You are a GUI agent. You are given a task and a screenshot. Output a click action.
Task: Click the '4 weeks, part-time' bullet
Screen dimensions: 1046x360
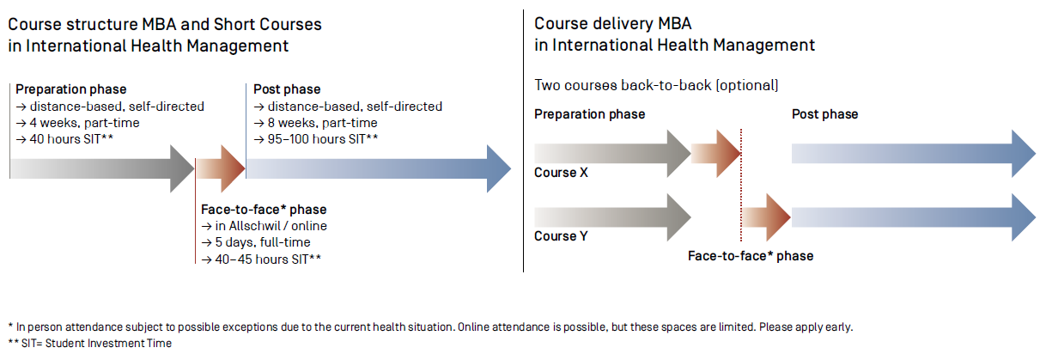click(77, 123)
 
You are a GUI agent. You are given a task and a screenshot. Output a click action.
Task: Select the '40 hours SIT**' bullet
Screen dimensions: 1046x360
click(64, 139)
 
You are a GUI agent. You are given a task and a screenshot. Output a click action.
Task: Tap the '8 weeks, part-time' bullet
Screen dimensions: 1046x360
click(315, 123)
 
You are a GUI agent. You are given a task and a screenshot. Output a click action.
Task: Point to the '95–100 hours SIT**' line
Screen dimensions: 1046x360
click(316, 139)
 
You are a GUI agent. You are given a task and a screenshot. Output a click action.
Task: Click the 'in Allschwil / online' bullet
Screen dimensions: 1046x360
click(264, 226)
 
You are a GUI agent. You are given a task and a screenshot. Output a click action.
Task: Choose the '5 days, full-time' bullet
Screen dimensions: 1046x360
click(255, 242)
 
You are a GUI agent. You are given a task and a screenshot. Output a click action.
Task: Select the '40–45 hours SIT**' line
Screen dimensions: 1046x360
click(261, 259)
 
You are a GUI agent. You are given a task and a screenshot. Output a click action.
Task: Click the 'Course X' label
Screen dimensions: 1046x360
click(561, 173)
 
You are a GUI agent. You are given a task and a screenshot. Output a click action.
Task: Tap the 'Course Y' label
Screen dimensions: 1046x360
click(561, 236)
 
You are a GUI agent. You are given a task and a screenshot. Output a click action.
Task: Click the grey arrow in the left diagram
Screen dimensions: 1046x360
click(102, 168)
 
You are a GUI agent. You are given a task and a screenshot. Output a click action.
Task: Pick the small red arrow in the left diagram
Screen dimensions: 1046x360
click(221, 168)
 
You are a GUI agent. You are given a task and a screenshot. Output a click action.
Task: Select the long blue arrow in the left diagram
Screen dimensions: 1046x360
click(379, 168)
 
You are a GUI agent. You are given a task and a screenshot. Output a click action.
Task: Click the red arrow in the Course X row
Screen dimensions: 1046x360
click(716, 153)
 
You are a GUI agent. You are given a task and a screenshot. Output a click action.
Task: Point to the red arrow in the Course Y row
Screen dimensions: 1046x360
click(766, 217)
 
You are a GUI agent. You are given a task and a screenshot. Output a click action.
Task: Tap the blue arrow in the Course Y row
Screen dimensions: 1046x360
click(914, 217)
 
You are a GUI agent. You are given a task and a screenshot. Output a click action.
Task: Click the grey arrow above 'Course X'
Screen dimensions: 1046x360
click(612, 153)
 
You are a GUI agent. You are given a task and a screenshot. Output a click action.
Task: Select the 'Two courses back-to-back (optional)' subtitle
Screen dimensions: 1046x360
click(656, 85)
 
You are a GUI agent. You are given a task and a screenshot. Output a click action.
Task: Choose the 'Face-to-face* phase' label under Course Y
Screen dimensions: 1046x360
click(751, 256)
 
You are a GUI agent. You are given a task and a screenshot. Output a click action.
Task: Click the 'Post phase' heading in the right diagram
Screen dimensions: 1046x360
click(824, 114)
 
